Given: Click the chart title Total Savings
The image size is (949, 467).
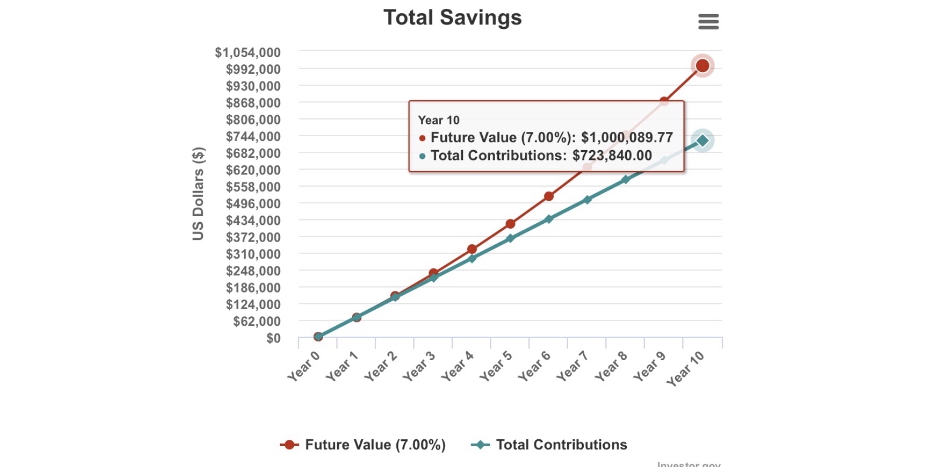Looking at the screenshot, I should tap(452, 18).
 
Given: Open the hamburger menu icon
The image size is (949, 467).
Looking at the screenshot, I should tap(708, 22).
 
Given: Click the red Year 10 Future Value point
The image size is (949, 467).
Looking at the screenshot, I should tap(702, 66).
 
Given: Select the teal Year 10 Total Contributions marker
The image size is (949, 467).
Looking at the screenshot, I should tap(702, 141).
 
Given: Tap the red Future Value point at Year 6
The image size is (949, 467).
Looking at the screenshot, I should tap(548, 196).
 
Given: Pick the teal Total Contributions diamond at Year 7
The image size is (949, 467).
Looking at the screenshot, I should tap(587, 199).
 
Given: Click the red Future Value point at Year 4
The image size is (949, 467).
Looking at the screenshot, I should tap(472, 249).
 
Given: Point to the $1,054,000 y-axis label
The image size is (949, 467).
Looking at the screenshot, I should tap(248, 53).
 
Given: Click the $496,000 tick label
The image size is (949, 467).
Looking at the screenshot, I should tap(253, 204).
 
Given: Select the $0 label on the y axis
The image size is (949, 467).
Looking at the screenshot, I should tap(273, 338).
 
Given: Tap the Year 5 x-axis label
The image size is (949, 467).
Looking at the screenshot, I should tap(496, 366).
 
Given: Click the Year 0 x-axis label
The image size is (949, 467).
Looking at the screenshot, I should tap(304, 366).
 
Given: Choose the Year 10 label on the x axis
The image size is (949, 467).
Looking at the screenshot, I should tap(685, 368).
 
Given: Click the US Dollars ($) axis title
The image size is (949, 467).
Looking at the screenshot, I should tap(198, 193).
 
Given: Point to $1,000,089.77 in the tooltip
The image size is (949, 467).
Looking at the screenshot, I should tap(626, 137).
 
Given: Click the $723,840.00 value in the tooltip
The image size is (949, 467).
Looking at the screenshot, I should tap(612, 156).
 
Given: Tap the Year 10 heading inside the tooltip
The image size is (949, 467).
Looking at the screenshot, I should tap(438, 120).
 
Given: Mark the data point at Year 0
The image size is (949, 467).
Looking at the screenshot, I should tap(318, 336).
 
